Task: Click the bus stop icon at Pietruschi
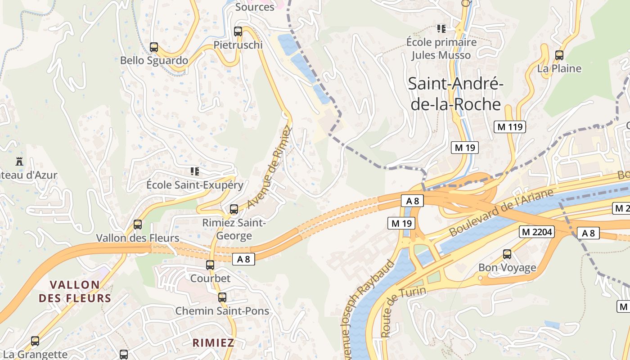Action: [x=238, y=31]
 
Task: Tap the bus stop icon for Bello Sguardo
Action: [x=154, y=47]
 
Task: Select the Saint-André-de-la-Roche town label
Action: [x=455, y=94]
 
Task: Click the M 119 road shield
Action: [x=510, y=127]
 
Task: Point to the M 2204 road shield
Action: [x=536, y=232]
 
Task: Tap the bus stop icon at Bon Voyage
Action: [x=507, y=254]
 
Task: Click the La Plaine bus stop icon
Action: [x=559, y=55]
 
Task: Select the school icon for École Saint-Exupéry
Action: [x=195, y=171]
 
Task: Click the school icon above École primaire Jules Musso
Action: [x=441, y=29]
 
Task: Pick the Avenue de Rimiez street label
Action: [x=270, y=167]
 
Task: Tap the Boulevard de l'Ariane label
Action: [x=501, y=213]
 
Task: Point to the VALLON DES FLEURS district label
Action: [x=75, y=291]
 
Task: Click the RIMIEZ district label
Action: [x=213, y=342]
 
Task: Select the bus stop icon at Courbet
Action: [x=210, y=265]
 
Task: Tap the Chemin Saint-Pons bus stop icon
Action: [x=222, y=297]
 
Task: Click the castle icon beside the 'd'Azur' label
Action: [x=19, y=161]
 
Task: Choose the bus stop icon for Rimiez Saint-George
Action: [x=234, y=209]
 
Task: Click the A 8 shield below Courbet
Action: [x=243, y=259]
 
